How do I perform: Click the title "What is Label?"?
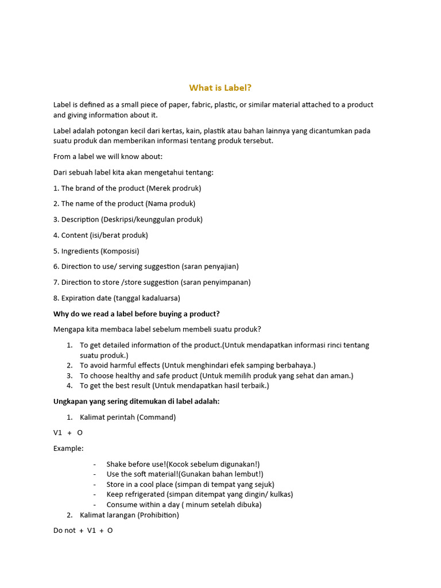[x=220, y=88]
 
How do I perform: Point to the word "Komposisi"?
[x=121, y=251]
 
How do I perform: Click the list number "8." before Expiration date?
[x=56, y=298]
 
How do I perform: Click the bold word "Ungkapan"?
[x=72, y=401]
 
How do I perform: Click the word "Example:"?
[x=68, y=448]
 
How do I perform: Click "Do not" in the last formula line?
[x=64, y=531]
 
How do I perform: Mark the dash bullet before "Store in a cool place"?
[x=95, y=484]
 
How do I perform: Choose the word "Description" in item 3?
[x=80, y=219]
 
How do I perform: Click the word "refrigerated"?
[x=144, y=494]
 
